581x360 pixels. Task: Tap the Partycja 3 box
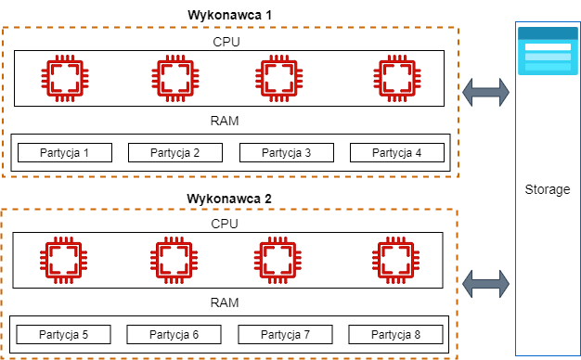click(x=287, y=153)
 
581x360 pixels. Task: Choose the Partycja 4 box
click(x=397, y=153)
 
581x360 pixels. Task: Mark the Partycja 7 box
click(x=286, y=334)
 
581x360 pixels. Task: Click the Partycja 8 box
click(x=396, y=334)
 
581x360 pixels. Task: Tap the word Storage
click(x=547, y=189)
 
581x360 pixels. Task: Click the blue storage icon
click(x=547, y=52)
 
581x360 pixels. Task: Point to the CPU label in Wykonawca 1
click(x=227, y=42)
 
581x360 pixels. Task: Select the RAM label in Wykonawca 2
click(x=226, y=302)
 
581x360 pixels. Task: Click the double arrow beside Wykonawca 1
click(x=486, y=91)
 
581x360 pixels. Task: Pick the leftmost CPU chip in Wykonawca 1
click(x=63, y=78)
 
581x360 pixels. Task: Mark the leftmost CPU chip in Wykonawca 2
click(x=63, y=260)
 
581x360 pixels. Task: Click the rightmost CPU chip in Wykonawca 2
click(x=396, y=260)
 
